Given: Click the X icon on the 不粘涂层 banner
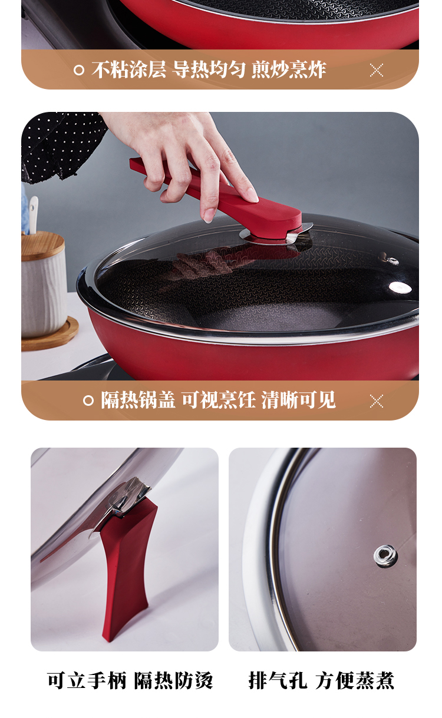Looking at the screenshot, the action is (x=376, y=70).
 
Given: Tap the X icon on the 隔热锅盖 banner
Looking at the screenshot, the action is (x=376, y=401).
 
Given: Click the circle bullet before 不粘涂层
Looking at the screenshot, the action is (x=79, y=70).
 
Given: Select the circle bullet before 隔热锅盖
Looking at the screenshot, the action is (x=88, y=401).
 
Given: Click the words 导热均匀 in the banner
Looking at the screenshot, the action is (x=209, y=70).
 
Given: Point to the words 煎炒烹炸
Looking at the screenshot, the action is (x=289, y=70).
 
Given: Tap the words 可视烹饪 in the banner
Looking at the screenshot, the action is (x=219, y=400).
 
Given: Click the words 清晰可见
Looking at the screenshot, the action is (x=298, y=400).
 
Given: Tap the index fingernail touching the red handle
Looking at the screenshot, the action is (x=209, y=219).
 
